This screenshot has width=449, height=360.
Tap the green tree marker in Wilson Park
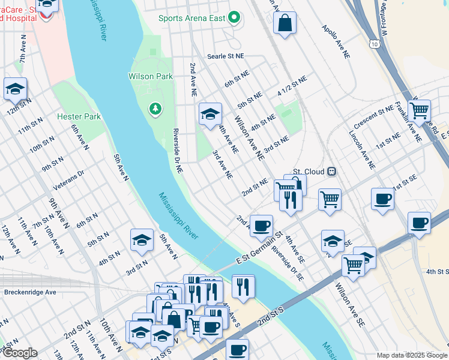click(155, 109)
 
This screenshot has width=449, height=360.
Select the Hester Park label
click(79, 116)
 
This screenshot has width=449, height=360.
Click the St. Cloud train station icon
click(331, 172)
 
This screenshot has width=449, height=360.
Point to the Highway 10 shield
click(375, 44)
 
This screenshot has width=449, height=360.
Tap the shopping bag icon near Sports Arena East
click(285, 23)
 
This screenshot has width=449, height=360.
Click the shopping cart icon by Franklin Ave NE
click(419, 110)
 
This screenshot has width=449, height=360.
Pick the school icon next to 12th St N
click(15, 89)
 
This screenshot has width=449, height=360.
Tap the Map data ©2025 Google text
click(412, 355)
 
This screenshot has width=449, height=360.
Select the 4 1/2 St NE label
click(292, 86)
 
